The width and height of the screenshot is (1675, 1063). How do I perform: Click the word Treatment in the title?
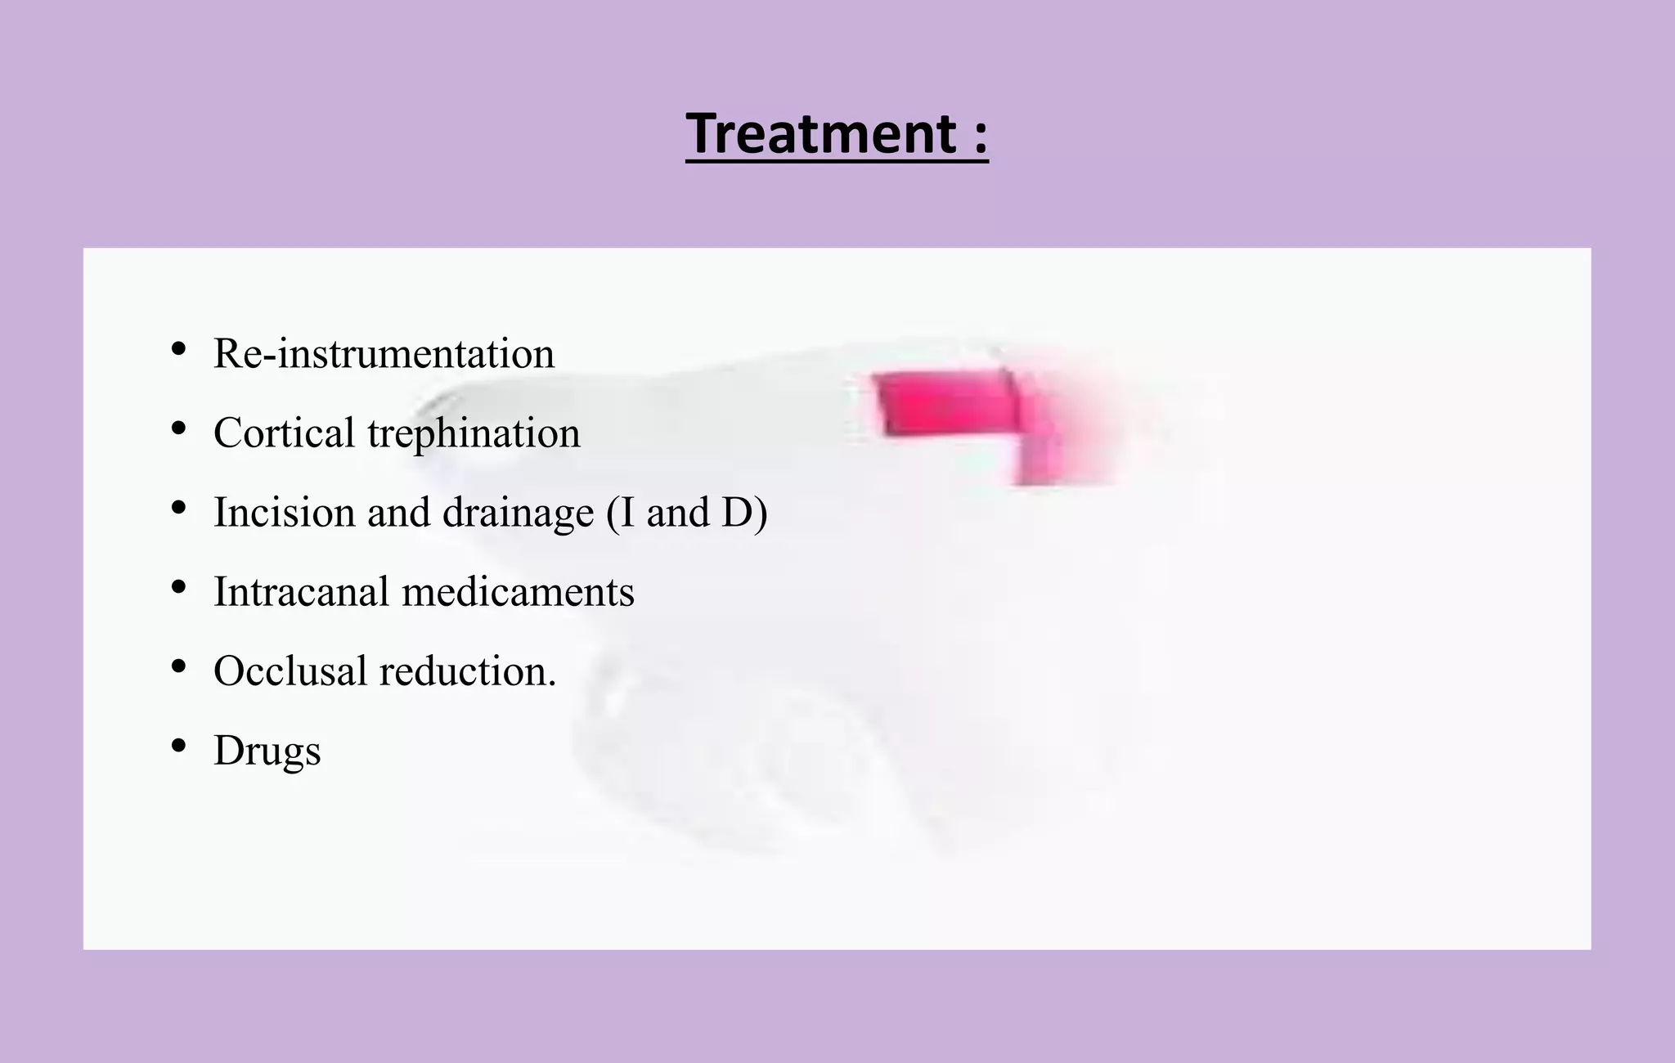tap(821, 133)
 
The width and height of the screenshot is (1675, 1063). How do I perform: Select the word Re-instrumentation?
tap(384, 353)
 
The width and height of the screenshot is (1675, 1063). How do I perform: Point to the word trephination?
tap(474, 434)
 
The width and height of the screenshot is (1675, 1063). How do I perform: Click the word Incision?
tap(284, 513)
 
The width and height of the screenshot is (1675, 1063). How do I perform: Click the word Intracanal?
tap(301, 591)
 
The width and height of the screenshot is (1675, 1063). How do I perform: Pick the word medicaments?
tap(518, 591)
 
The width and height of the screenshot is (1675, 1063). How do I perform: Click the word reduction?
tap(467, 671)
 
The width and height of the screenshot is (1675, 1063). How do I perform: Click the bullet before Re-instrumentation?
tap(178, 349)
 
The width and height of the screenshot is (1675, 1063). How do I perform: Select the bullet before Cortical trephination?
tap(178, 428)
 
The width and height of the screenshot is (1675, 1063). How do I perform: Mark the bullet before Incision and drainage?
tap(178, 508)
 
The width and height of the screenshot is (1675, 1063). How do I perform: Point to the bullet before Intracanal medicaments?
tap(178, 587)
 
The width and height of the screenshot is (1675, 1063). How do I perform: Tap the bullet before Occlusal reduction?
tap(178, 666)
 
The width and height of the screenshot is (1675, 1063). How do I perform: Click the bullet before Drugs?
tap(178, 746)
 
